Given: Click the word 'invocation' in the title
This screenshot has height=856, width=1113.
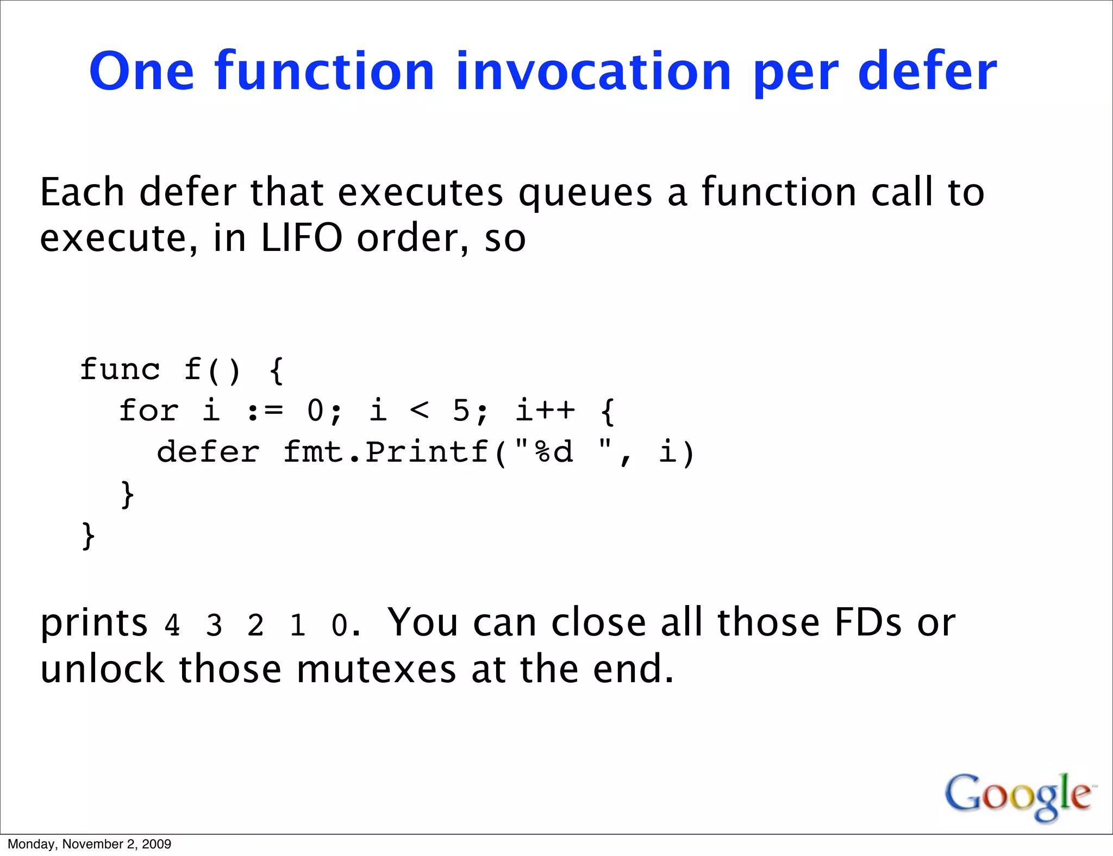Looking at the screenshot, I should click(593, 71).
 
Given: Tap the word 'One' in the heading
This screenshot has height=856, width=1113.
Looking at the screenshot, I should click(142, 71).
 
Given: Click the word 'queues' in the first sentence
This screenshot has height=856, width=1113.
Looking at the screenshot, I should click(585, 193).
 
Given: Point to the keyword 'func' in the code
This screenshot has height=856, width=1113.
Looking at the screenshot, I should click(120, 370).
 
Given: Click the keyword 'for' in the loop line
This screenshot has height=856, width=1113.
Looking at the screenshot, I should click(148, 411).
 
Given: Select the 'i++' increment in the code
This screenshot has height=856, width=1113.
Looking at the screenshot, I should click(545, 411).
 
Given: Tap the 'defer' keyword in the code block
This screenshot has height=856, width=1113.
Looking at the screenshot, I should click(208, 452).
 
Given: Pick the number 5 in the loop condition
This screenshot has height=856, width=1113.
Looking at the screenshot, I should click(461, 411).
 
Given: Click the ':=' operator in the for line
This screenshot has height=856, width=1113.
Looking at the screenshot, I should click(265, 411).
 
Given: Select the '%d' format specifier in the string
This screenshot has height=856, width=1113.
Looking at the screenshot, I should click(554, 452).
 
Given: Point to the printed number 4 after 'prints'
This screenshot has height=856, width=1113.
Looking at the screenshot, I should click(172, 626).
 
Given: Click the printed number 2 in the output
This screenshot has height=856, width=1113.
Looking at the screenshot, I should click(255, 626).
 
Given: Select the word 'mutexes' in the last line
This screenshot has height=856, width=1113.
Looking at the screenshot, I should click(376, 669).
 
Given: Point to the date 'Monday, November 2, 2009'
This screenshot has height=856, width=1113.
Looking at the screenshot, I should click(89, 844).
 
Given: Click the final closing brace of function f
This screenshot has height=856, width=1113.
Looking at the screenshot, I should click(88, 536).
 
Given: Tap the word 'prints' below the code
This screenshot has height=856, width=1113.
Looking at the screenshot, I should click(94, 624).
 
